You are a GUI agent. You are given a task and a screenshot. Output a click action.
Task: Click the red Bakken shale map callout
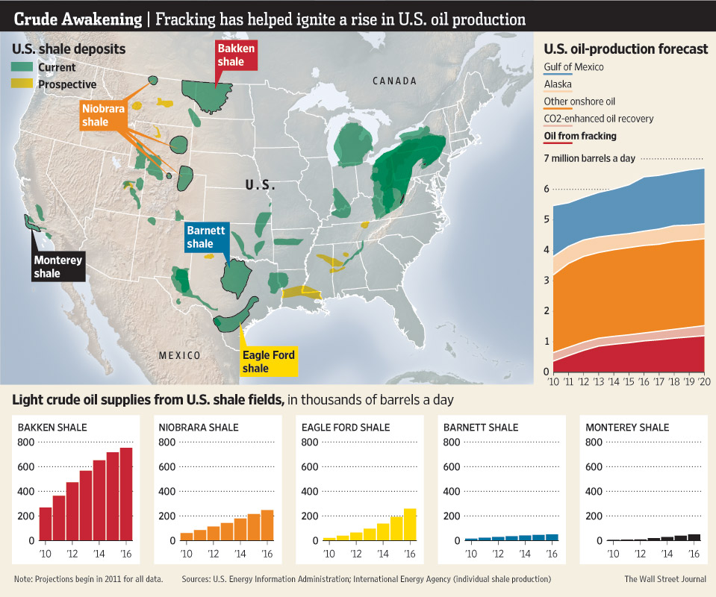(235, 55)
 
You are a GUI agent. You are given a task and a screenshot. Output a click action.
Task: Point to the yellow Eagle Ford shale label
(269, 362)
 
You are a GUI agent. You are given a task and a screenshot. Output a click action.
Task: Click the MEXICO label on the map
(180, 355)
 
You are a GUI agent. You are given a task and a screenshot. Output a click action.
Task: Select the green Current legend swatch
(22, 68)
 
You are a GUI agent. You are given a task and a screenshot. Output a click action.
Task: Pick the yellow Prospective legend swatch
(22, 84)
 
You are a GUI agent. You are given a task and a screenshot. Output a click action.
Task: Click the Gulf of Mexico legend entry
(573, 67)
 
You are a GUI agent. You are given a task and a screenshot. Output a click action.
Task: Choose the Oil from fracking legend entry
(580, 136)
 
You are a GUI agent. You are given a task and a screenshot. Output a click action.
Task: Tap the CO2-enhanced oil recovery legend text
(599, 118)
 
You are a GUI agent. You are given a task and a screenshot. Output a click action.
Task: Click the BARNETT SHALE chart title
(481, 428)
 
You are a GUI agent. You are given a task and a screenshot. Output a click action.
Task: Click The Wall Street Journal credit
(664, 579)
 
